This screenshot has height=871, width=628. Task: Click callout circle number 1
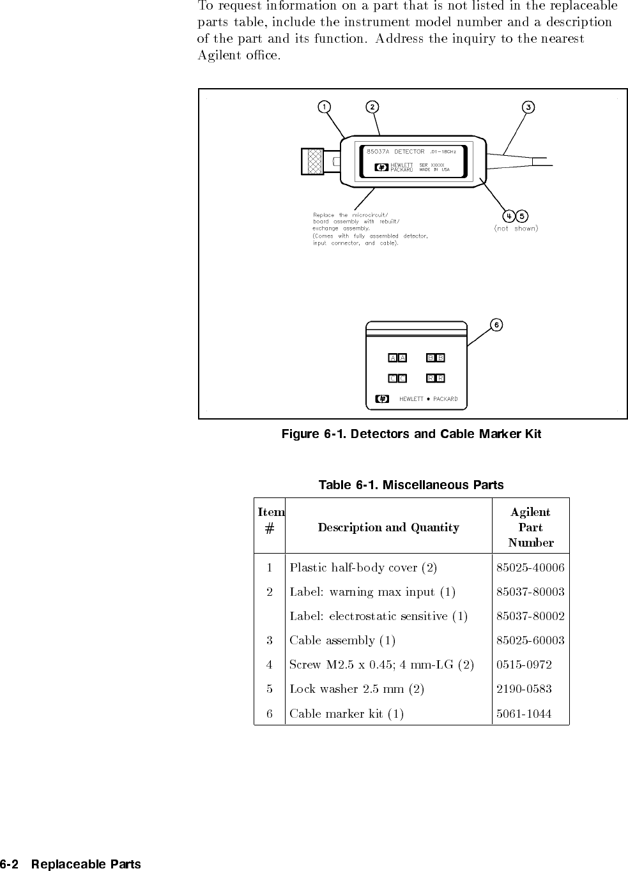325,107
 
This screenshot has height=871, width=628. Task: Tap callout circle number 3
528,107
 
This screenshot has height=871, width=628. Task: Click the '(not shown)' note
516,228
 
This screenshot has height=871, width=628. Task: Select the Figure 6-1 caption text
411,434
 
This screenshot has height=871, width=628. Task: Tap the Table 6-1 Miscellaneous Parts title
411,485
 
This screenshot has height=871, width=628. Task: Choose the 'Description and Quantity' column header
388,527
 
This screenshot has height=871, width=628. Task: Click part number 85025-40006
530,568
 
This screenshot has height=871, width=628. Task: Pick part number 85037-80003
530,592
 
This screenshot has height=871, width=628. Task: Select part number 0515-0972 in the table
524,665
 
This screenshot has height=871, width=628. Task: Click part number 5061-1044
524,713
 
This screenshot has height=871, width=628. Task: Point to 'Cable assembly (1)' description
342,640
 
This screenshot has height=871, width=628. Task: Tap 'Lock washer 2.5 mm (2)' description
356,689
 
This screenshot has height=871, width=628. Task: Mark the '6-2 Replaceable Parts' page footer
70,865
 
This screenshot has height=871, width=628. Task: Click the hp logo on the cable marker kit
382,399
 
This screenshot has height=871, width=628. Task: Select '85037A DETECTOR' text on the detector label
395,151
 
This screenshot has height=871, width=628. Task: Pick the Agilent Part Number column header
530,527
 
